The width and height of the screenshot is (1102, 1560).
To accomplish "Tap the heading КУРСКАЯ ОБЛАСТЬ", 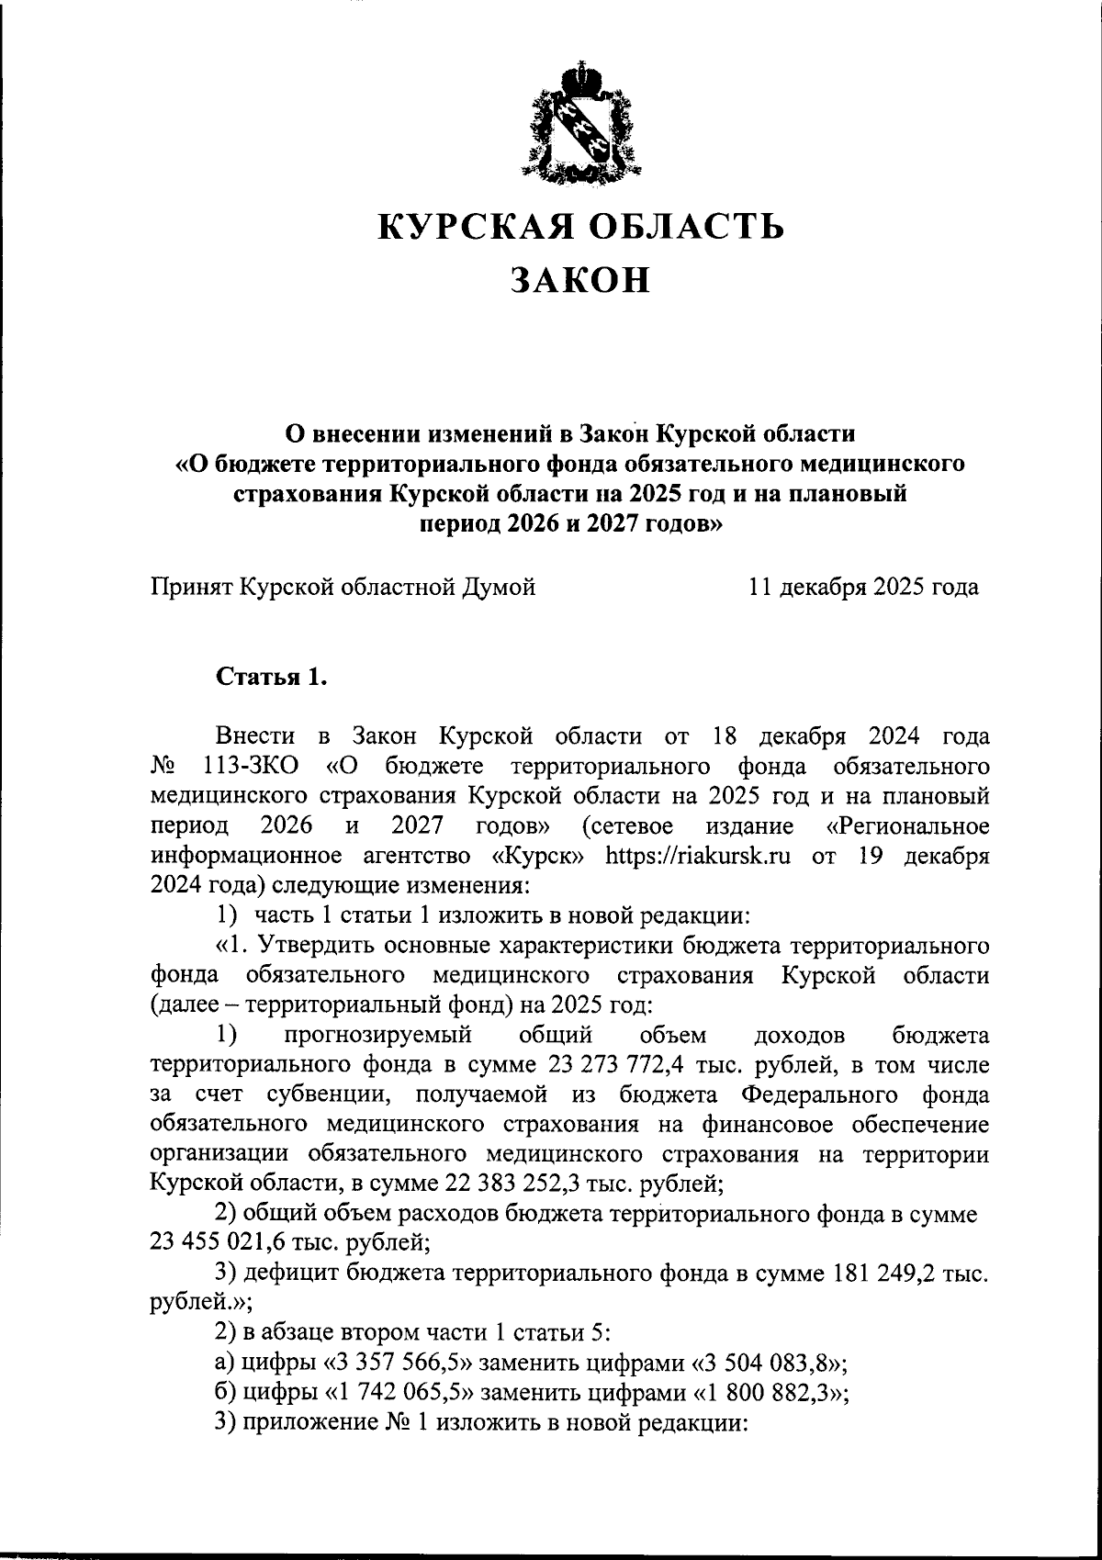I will point(581,226).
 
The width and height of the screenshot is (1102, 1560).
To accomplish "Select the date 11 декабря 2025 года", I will point(863,587).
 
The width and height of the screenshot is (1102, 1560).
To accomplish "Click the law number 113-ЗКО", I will point(244,766).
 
